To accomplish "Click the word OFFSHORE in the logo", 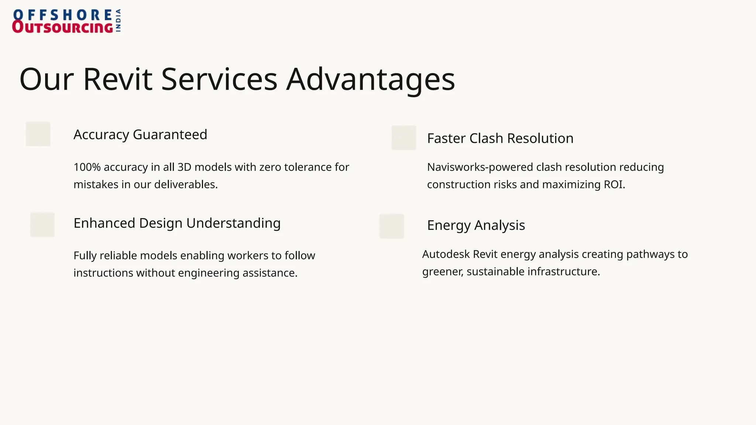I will point(62,15).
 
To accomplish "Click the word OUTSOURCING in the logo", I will point(62,27).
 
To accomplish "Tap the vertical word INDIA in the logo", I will point(118,21).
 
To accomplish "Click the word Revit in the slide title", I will point(117,79).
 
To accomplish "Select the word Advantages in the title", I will point(371,79).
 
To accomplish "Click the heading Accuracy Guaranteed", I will point(140,135).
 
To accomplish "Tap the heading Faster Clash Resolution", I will point(500,138).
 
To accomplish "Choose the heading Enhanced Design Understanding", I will point(177,223).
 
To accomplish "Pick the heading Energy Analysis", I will point(476,225).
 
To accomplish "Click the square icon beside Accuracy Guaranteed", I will point(38,134).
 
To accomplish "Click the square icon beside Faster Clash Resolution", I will point(404,138).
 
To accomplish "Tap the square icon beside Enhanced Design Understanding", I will point(42,225).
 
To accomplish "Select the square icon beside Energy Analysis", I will point(392,226).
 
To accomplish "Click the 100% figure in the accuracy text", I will point(87,167).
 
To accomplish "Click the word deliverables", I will point(186,184).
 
